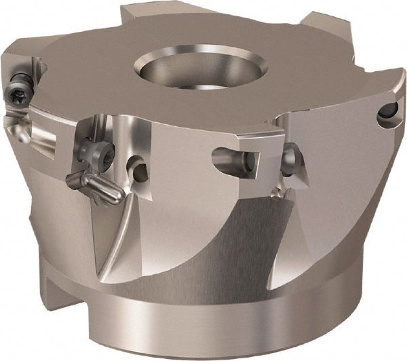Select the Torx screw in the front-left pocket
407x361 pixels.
88,149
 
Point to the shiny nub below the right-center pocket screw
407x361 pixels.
278,193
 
